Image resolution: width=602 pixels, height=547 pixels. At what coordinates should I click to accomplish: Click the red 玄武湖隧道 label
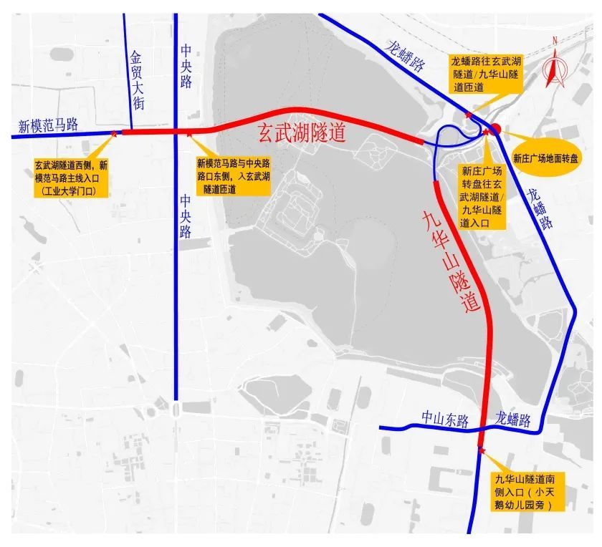[x=302, y=134]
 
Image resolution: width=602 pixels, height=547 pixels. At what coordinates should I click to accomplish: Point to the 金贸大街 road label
[x=138, y=79]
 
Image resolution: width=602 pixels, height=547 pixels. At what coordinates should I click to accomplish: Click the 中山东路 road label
[x=444, y=420]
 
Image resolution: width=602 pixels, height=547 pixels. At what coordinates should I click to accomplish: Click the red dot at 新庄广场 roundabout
[x=494, y=129]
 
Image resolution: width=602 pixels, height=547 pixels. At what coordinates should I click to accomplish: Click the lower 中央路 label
[x=186, y=216]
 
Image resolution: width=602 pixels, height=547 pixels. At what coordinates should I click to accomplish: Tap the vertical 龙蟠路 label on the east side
[x=542, y=208]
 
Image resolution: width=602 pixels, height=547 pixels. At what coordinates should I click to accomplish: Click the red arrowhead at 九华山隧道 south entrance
[x=480, y=449]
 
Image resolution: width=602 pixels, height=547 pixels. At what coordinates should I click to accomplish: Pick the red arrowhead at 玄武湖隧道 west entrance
[x=115, y=132]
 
